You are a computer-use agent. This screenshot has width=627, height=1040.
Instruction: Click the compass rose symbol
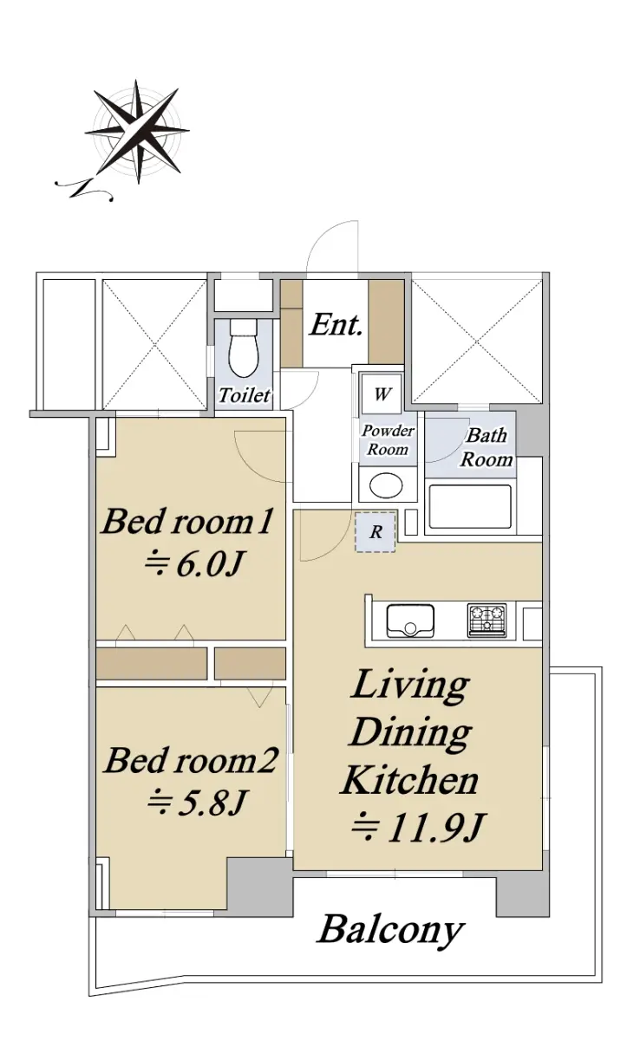point(136,132)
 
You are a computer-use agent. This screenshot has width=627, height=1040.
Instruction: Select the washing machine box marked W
point(382,393)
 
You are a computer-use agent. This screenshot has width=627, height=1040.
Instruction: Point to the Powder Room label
point(388,439)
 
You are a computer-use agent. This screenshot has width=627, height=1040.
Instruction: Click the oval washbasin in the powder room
point(386,485)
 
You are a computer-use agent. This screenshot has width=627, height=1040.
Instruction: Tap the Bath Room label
point(487,447)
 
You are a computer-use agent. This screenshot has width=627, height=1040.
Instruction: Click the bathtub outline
point(470,507)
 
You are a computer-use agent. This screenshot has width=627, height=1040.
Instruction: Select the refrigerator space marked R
point(376,531)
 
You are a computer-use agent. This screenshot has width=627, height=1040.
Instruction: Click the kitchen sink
point(410,620)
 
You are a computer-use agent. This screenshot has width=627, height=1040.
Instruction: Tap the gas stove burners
point(487,620)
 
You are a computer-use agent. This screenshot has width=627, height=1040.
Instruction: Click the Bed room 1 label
point(186,522)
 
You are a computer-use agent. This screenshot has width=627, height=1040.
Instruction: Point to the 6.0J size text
point(193,563)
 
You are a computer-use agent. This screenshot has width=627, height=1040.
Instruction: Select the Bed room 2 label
point(191,761)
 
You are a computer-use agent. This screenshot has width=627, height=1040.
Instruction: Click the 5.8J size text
point(196,803)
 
